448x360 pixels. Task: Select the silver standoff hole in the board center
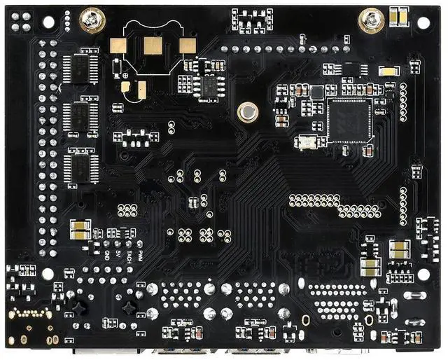(x=246, y=111)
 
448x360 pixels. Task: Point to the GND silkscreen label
(x=107, y=256)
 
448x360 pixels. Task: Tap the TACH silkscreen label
(x=129, y=256)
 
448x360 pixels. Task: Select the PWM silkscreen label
(x=140, y=255)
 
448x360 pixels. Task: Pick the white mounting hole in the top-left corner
(x=48, y=22)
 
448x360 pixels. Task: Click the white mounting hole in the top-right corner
(x=423, y=22)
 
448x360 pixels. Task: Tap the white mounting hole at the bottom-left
(x=48, y=274)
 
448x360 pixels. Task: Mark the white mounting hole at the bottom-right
(x=423, y=274)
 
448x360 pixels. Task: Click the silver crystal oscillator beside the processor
(x=307, y=142)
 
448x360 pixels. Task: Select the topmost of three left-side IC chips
(x=81, y=69)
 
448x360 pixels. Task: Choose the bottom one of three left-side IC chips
(x=81, y=168)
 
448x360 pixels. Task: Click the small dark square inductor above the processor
(x=317, y=92)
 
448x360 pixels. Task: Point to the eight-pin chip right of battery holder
(x=209, y=86)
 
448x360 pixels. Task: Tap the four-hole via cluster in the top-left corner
(x=21, y=23)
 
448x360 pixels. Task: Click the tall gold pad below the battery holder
(x=141, y=89)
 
